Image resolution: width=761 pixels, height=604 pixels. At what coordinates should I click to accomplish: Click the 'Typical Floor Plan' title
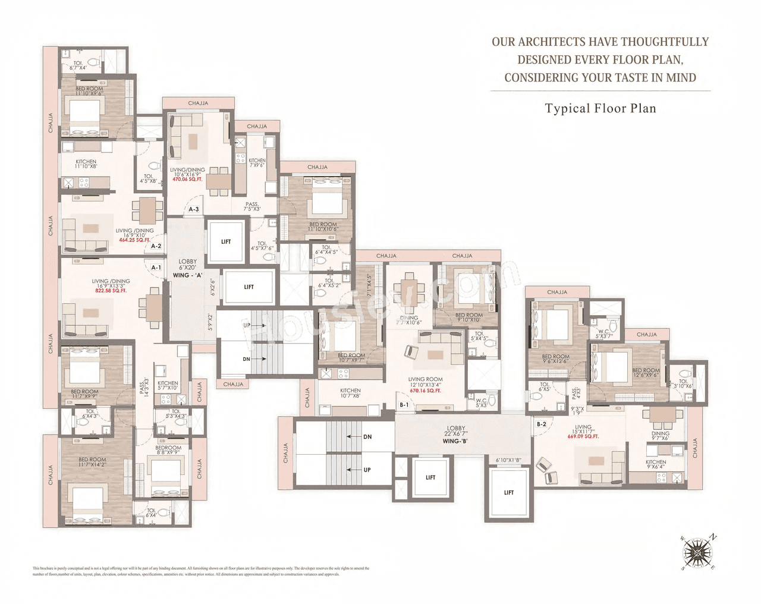tap(600, 109)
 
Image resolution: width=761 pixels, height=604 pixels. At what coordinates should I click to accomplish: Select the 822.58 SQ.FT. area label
tap(111, 291)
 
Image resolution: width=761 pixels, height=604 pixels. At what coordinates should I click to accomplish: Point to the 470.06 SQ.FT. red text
tap(187, 179)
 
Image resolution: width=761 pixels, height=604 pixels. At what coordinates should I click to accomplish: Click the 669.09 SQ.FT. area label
tap(583, 436)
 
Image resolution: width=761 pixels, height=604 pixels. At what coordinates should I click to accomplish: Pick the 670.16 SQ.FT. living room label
tap(425, 391)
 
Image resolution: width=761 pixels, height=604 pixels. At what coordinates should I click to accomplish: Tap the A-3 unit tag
tap(194, 209)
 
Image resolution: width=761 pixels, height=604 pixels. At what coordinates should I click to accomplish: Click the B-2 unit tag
tap(541, 424)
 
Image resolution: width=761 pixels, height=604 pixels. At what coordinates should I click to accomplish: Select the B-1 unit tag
tap(404, 405)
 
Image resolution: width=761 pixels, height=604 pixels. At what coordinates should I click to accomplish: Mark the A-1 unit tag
tap(156, 268)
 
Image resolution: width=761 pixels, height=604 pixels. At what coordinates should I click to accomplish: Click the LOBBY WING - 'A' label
tap(188, 268)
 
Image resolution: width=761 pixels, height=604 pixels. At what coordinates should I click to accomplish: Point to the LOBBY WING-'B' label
tap(456, 435)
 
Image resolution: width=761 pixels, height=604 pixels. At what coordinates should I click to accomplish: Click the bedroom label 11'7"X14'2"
tap(92, 462)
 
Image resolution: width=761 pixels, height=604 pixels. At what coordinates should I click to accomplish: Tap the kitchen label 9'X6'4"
tap(656, 464)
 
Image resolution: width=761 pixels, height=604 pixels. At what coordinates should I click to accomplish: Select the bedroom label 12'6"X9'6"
tap(646, 373)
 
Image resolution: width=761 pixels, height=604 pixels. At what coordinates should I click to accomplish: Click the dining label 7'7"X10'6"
tap(408, 320)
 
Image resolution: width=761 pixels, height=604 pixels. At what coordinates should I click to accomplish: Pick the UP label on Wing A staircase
tap(246, 325)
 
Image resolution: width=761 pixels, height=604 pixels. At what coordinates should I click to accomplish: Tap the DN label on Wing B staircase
tap(367, 436)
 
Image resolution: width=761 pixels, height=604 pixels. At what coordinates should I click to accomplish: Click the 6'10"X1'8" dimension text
tap(508, 460)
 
